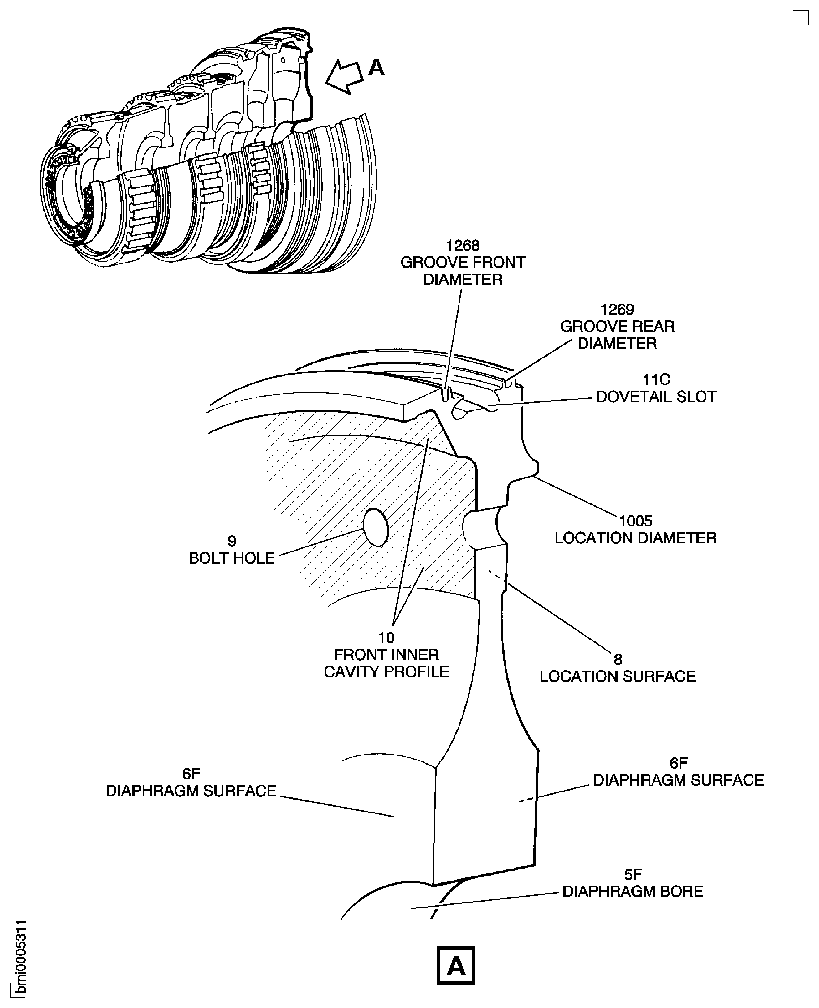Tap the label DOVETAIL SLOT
[x=656, y=397]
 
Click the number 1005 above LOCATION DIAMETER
[x=636, y=521]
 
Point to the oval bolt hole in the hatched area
[x=376, y=527]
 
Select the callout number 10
[x=386, y=638]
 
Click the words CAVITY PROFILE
[x=386, y=672]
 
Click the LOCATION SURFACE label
[x=618, y=676]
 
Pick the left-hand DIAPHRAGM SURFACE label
[x=191, y=791]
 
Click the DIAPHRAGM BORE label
[x=633, y=891]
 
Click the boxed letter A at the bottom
[x=456, y=965]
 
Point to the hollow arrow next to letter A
[x=344, y=76]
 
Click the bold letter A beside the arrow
[x=376, y=67]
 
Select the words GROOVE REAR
[x=617, y=326]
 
